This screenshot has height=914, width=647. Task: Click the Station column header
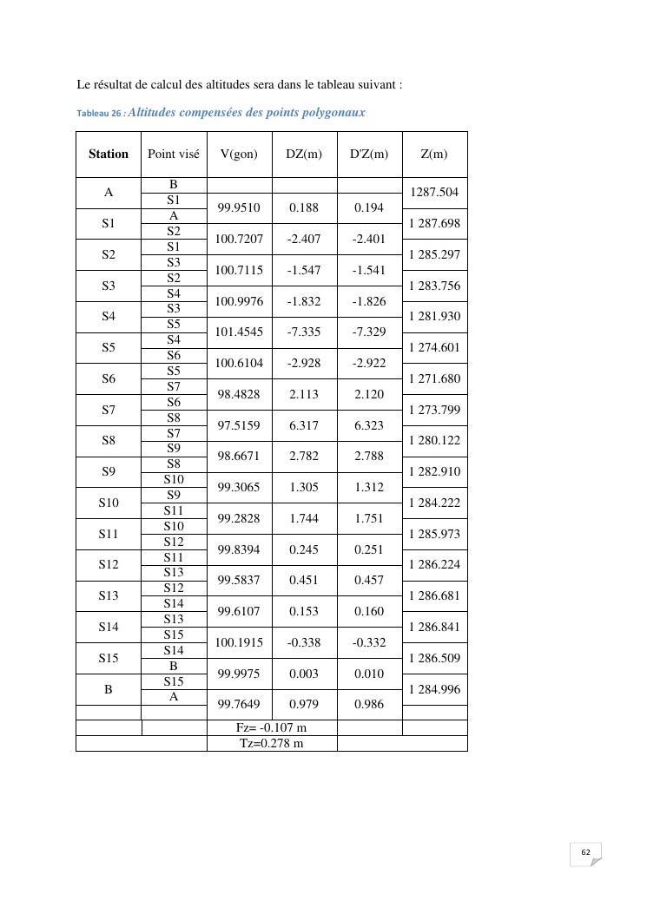coord(109,155)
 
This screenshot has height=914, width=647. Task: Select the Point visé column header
coord(174,155)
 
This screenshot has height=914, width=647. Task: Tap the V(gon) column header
coord(239,155)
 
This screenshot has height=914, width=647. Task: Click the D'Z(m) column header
coord(369,155)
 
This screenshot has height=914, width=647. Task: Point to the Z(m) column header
coord(434,155)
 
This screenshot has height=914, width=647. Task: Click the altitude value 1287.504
coord(434,193)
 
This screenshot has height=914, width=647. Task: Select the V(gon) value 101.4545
coord(239,332)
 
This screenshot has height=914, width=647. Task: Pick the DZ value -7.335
coord(304,332)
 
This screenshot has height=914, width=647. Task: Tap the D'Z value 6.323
coord(369,425)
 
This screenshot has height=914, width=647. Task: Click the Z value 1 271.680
coord(434,379)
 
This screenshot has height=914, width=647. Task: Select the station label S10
coord(109,503)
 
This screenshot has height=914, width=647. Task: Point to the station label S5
coord(109,348)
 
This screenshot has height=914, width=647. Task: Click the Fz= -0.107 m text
coord(272,728)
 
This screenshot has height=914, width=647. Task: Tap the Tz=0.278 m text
coord(272,744)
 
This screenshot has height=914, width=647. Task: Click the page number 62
coord(585,852)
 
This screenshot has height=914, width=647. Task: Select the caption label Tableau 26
coord(100,114)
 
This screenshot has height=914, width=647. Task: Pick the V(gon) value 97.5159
coord(239,425)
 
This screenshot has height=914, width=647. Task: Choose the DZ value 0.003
coord(304,674)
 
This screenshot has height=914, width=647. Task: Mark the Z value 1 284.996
coord(434,690)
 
